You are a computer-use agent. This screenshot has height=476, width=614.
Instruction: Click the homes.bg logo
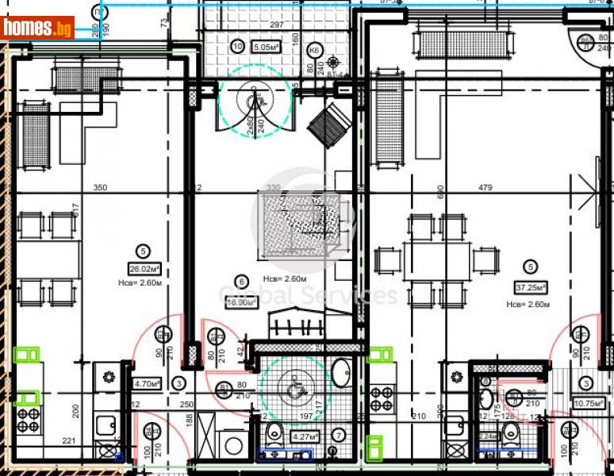38,28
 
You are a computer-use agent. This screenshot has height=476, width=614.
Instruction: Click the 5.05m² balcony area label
265,46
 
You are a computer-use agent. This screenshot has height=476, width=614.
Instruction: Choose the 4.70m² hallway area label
148,384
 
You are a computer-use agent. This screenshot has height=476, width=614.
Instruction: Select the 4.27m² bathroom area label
305,436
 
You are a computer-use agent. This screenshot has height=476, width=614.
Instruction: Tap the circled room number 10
237,46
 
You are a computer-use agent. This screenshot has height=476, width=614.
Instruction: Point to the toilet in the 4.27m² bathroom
273,432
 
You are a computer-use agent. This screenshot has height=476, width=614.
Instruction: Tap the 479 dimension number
485,188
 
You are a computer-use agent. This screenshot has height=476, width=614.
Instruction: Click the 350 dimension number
100,188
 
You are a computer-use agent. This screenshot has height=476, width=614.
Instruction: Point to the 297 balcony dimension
277,25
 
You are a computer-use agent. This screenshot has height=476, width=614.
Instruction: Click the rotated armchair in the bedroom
328,125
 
